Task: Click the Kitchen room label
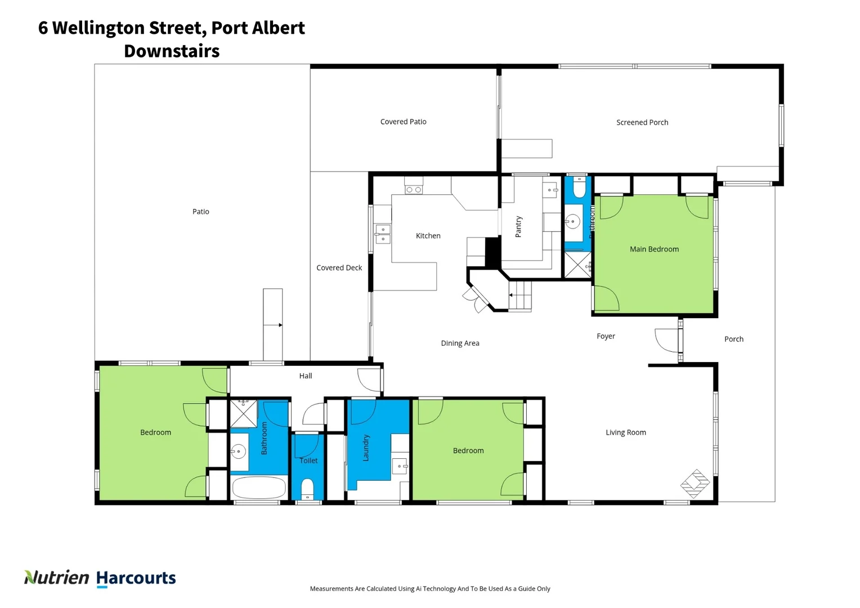click(428, 236)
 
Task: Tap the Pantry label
click(518, 226)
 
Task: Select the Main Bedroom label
click(654, 249)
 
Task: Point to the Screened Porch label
click(642, 123)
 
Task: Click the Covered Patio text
click(403, 122)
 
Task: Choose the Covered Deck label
click(339, 268)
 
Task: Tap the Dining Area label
click(460, 343)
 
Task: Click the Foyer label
click(606, 336)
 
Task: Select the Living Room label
click(625, 432)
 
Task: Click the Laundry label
click(366, 448)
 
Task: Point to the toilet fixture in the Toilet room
click(307, 488)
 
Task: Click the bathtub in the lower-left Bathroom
click(259, 488)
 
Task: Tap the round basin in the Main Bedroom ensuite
click(572, 222)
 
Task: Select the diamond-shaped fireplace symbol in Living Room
click(695, 483)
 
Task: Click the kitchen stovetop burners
click(414, 190)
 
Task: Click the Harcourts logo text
click(136, 578)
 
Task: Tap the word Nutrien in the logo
click(56, 578)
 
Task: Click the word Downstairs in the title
click(172, 51)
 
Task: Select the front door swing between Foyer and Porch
click(668, 340)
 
